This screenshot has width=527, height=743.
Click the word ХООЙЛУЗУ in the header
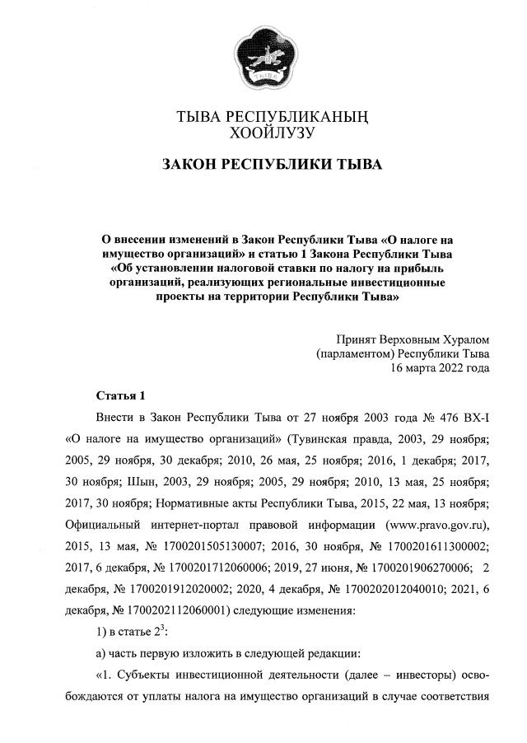coord(263,131)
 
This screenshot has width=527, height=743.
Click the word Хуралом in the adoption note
coord(460,339)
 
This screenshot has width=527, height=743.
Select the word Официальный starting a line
coord(105,523)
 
